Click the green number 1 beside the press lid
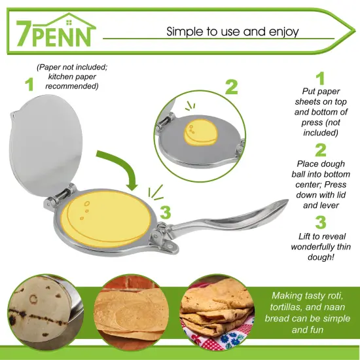click(x=28, y=84)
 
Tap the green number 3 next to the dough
click(x=165, y=212)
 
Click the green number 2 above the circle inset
click(x=232, y=88)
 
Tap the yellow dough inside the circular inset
click(x=202, y=132)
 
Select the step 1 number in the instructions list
click(x=320, y=79)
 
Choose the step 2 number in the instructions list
click(x=320, y=151)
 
